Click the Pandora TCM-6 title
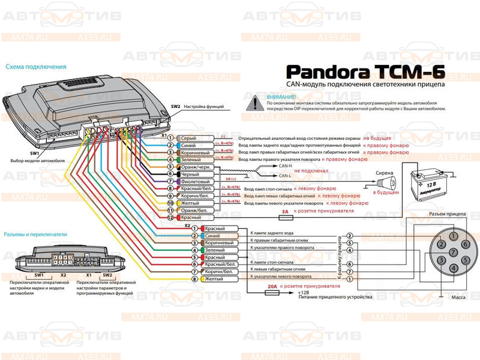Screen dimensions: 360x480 [367, 71]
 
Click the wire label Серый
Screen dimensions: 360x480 [188, 138]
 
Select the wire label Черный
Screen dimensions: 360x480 [190, 174]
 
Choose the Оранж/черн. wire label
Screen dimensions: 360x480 [195, 167]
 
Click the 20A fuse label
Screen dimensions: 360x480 [271, 287]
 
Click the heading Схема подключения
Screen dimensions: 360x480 [35, 67]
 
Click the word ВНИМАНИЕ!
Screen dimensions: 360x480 [282, 97]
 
